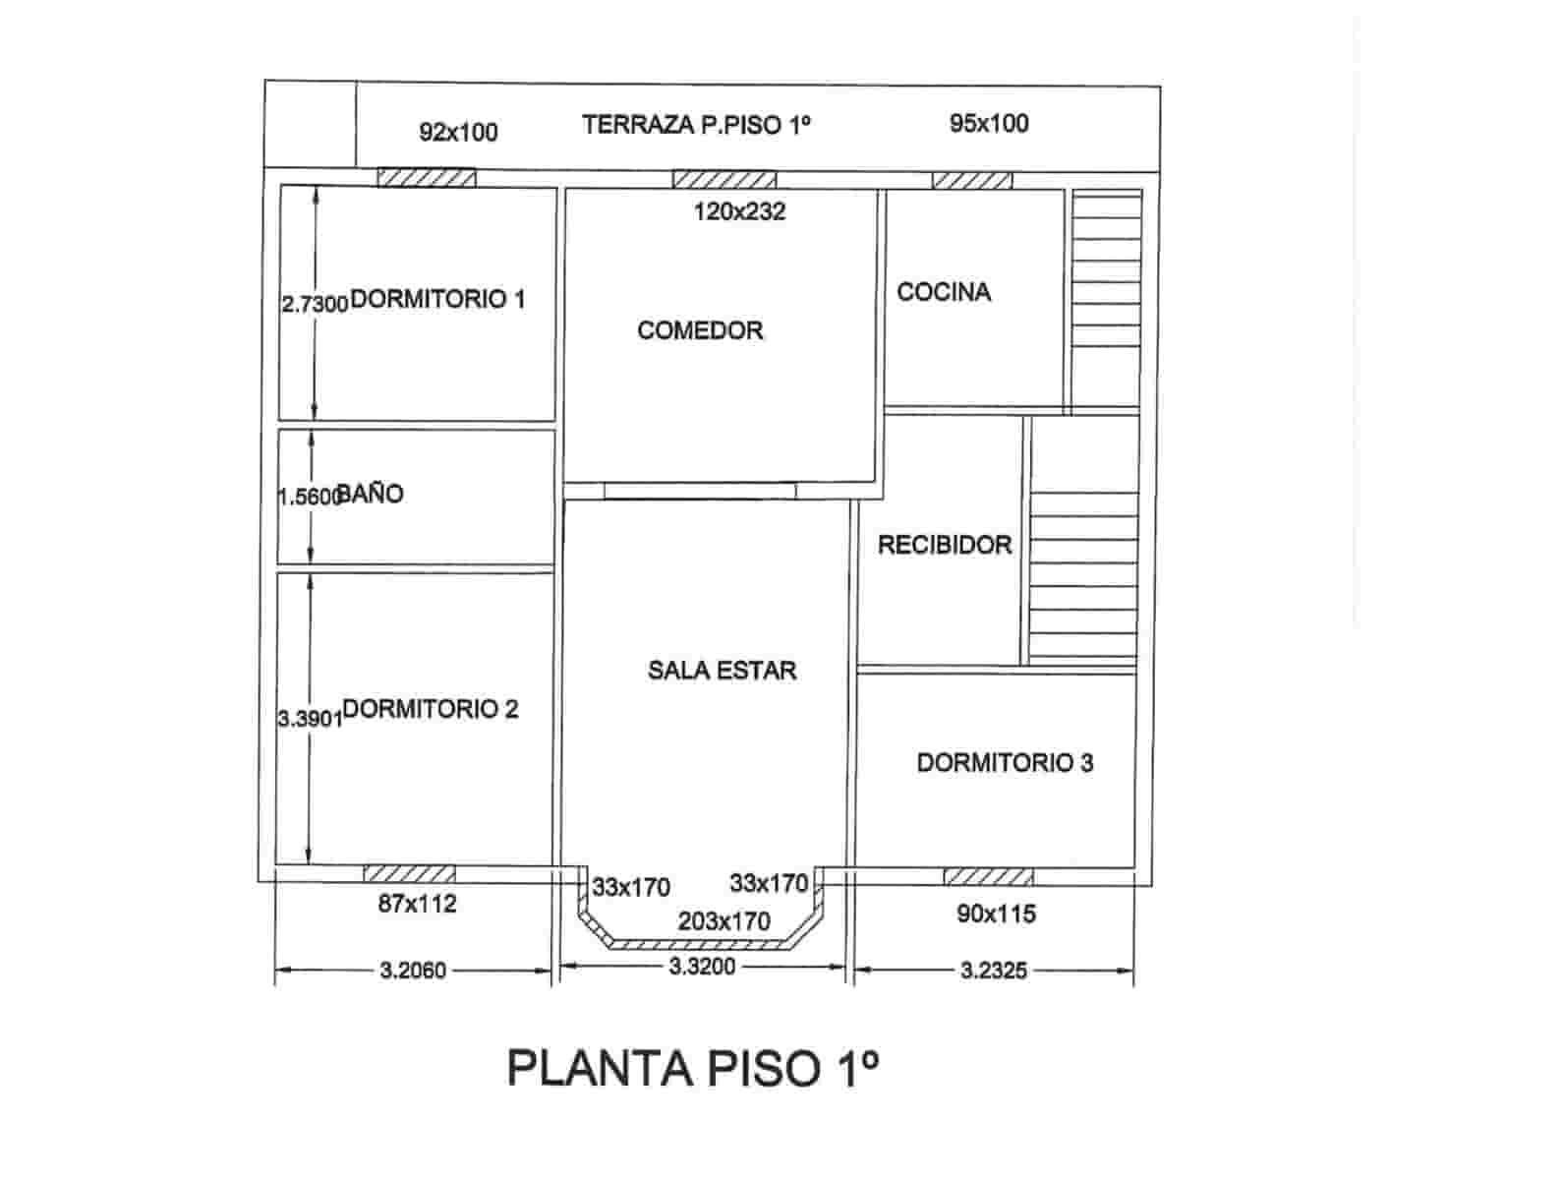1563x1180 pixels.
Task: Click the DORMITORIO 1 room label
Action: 437,299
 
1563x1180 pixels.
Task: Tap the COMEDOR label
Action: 700,330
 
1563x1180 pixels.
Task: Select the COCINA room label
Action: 944,292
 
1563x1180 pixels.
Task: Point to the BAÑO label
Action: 371,494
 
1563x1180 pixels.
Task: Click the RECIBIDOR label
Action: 944,545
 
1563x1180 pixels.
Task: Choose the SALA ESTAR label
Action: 722,671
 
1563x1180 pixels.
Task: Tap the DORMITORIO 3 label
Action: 1005,763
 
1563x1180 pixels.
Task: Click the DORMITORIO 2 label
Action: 431,709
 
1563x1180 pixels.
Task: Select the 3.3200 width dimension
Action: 702,967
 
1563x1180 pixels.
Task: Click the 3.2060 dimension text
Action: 413,971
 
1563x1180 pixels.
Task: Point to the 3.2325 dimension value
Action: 994,971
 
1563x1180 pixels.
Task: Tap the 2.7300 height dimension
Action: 315,305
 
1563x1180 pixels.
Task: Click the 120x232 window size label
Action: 739,211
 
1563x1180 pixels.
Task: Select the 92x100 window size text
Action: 458,132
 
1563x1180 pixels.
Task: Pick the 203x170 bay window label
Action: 724,922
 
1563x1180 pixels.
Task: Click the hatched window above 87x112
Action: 409,874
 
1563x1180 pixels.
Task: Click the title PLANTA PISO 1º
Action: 693,1068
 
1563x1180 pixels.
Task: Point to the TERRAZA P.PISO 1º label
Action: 696,125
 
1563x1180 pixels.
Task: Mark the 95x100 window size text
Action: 989,123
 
